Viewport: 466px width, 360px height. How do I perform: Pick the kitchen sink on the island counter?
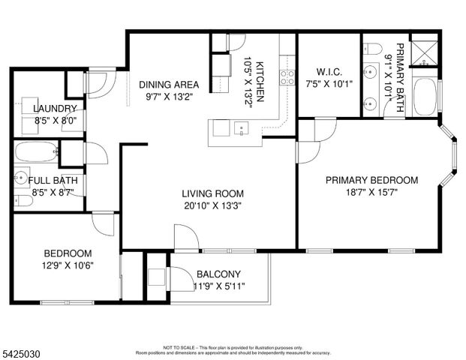[x=242, y=128]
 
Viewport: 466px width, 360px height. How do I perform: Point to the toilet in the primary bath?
[x=372, y=49]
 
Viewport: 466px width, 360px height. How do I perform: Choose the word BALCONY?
[x=218, y=274]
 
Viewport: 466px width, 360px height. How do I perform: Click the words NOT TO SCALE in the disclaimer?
[x=177, y=347]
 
